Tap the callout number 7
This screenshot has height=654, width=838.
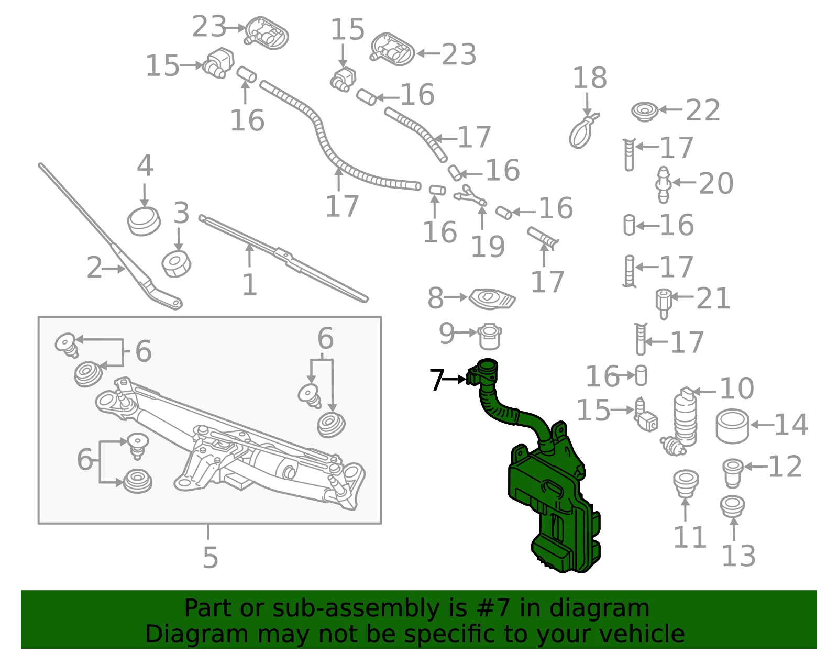(x=437, y=380)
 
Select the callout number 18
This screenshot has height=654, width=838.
(x=590, y=78)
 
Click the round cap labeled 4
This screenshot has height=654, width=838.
(x=144, y=221)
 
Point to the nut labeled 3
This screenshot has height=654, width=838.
(x=176, y=264)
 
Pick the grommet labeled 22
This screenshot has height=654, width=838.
(x=645, y=112)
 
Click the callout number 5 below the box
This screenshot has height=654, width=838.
(x=210, y=557)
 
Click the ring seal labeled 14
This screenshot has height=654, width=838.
(x=732, y=426)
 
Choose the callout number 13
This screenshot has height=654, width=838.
(x=738, y=556)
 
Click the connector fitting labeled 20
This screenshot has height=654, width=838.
(x=663, y=185)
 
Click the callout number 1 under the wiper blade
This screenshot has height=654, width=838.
(x=249, y=285)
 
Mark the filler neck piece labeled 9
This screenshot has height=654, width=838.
(x=490, y=337)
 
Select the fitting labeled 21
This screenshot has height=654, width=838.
(x=663, y=304)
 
